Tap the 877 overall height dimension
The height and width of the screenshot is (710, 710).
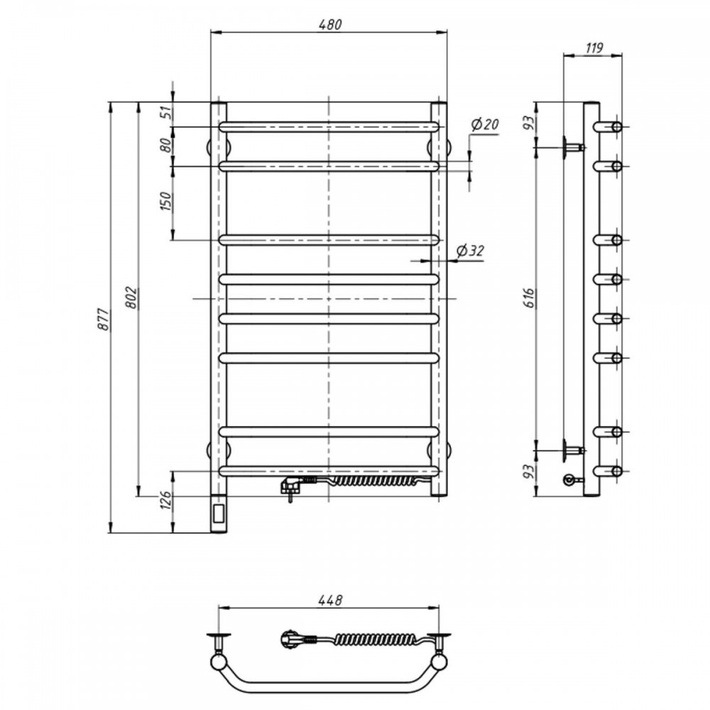click(104, 319)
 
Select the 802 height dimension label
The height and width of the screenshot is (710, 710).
click(131, 297)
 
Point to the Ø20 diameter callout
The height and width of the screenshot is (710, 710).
click(484, 124)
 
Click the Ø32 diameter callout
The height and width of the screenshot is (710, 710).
click(470, 251)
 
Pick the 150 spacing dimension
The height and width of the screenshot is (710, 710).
click(166, 202)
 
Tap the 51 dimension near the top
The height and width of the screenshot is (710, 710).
click(167, 112)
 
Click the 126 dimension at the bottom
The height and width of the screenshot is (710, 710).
click(167, 501)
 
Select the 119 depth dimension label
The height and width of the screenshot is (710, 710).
click(594, 48)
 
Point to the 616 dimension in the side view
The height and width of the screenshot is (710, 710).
click(530, 298)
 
